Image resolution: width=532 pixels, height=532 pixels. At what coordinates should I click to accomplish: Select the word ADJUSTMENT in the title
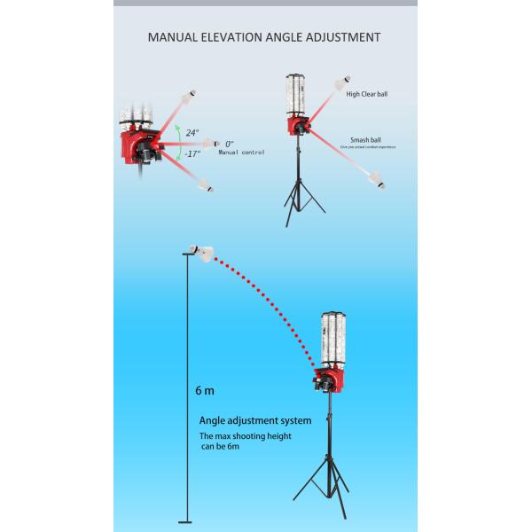click(x=346, y=38)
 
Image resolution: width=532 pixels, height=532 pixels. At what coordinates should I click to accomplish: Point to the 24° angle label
click(x=192, y=132)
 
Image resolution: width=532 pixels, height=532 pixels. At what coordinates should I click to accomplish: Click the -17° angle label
click(x=193, y=153)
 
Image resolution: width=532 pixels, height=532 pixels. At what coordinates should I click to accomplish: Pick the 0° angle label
click(x=229, y=144)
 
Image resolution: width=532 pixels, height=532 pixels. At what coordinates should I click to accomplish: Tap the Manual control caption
click(x=243, y=153)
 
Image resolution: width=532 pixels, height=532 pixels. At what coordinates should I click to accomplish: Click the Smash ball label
click(x=364, y=139)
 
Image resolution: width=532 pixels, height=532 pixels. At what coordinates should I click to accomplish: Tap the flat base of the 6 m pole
click(x=185, y=521)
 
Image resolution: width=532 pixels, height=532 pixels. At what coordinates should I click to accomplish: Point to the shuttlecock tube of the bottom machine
click(x=333, y=341)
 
